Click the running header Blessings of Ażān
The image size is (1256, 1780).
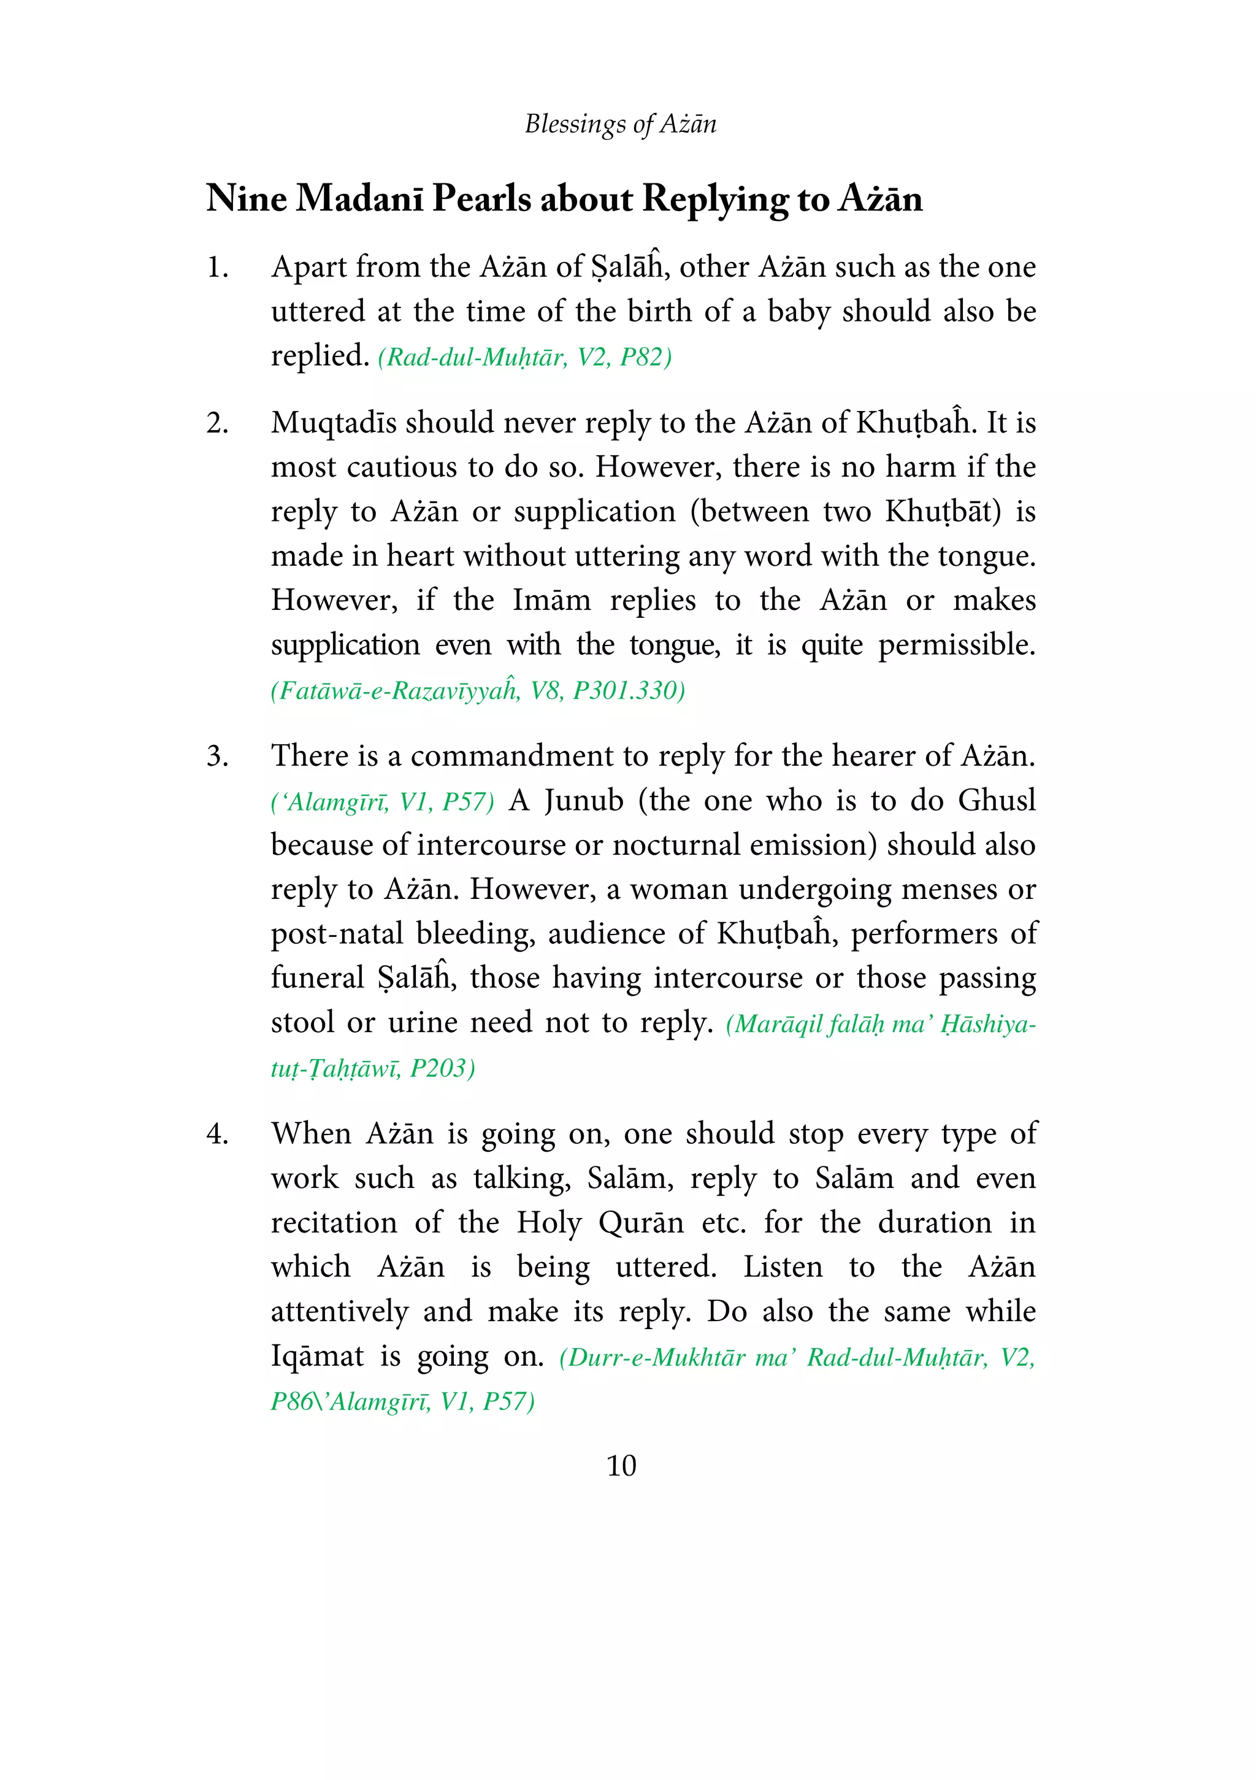[x=620, y=124]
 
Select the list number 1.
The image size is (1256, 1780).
[x=217, y=268]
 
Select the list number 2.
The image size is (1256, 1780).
[x=217, y=423]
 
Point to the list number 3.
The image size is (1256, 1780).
[x=217, y=756]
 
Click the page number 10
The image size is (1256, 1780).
[x=621, y=1465]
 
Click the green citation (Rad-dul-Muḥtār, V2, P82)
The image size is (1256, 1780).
[x=524, y=357]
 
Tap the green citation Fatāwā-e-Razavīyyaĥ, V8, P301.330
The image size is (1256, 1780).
[x=477, y=690]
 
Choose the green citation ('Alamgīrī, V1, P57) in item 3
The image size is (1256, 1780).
[x=382, y=801]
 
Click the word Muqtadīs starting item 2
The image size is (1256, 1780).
[x=332, y=423]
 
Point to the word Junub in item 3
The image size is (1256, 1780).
[x=583, y=801]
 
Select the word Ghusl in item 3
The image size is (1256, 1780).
[x=997, y=801]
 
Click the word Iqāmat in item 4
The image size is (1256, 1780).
[x=317, y=1357]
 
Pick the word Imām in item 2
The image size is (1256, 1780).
[x=551, y=601]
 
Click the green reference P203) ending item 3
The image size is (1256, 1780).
[x=442, y=1068]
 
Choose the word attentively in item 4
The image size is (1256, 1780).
[x=339, y=1312]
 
